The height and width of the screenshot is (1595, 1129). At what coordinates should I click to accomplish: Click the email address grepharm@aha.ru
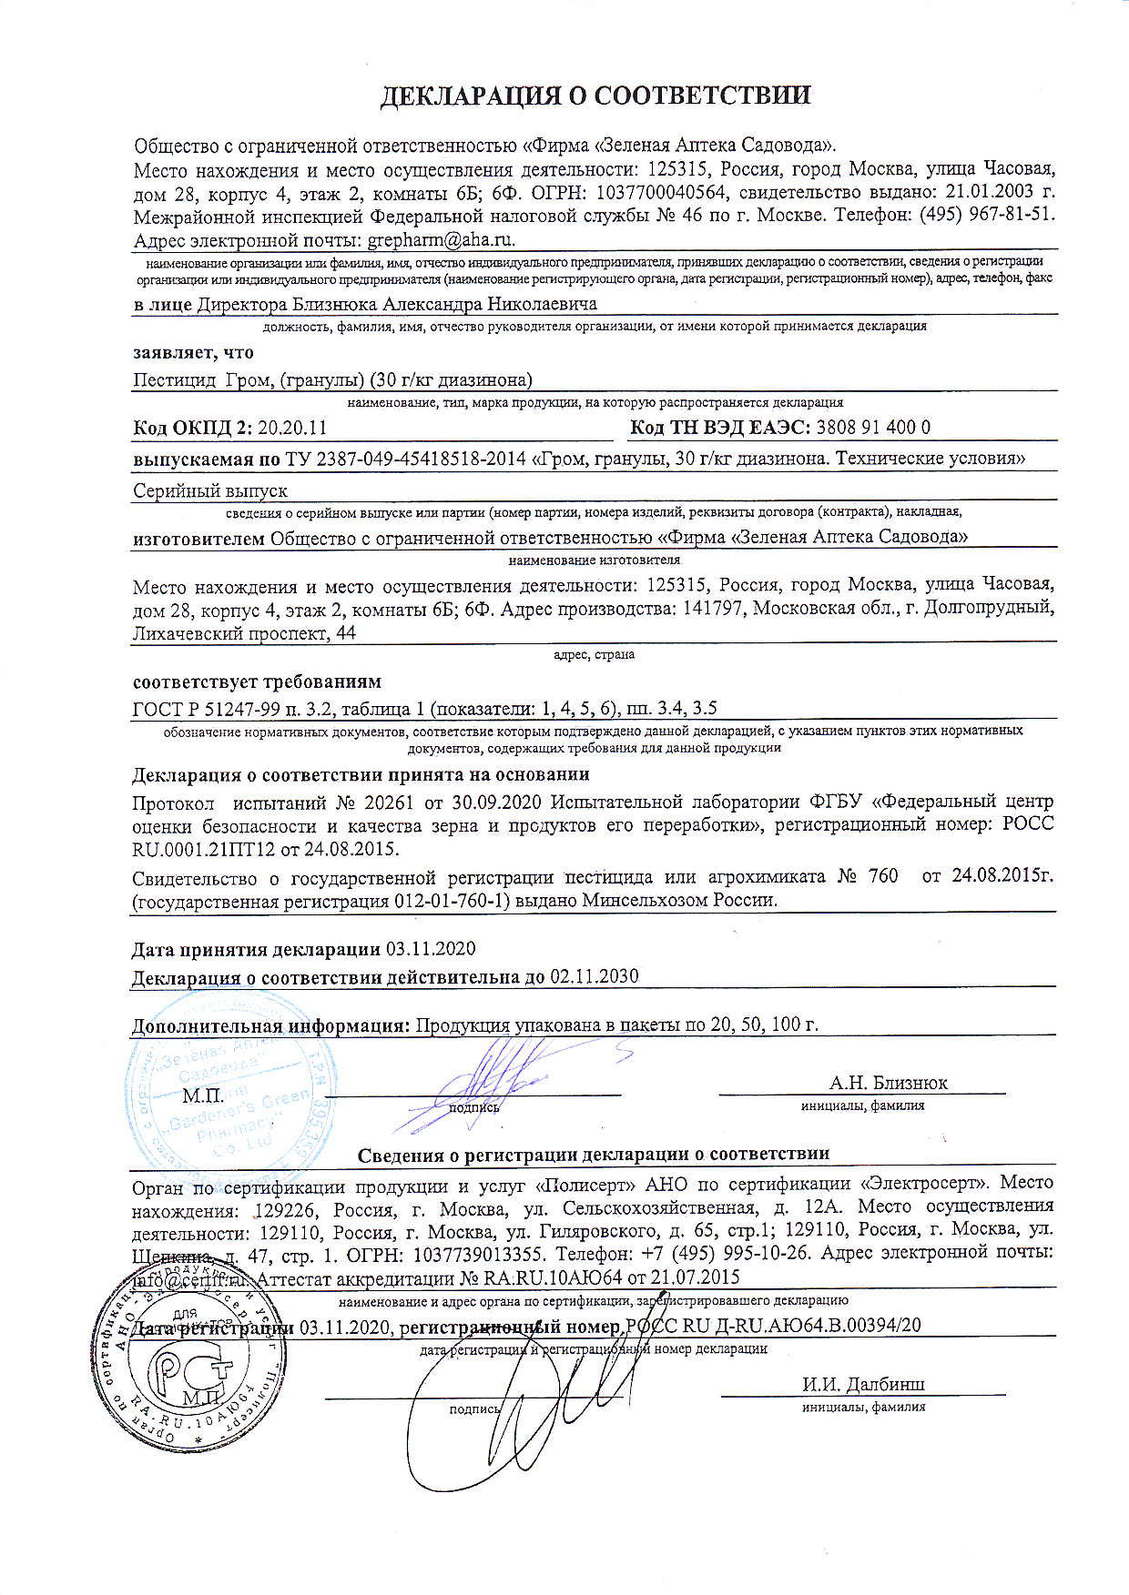442,240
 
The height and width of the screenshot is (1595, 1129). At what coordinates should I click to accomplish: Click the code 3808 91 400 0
874,428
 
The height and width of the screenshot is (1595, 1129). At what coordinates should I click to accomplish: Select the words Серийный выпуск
210,491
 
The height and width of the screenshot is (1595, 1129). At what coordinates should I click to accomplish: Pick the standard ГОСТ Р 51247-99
215,709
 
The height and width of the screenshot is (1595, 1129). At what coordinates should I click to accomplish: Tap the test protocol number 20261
390,802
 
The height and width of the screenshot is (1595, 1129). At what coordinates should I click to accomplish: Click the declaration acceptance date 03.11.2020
431,949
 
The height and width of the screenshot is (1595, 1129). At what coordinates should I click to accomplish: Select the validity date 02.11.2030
594,976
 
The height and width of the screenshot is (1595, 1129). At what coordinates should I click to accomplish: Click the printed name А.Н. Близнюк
888,1083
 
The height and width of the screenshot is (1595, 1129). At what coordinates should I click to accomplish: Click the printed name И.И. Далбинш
863,1385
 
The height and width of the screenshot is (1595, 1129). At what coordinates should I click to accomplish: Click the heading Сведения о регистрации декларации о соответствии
593,1154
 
